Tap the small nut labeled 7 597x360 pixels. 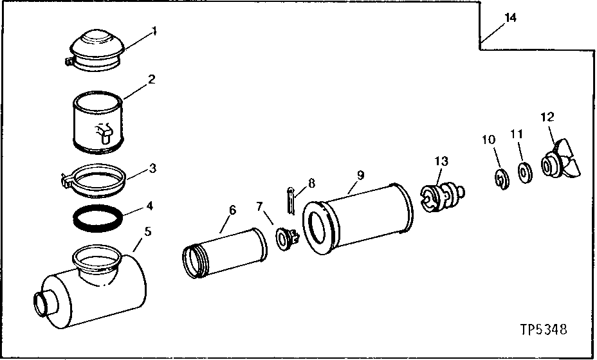tap(284, 237)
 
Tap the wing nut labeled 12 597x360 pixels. tap(564, 161)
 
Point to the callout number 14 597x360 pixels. tap(510, 18)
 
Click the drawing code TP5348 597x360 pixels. tap(544, 330)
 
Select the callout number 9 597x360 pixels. tap(361, 174)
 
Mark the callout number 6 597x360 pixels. tap(232, 210)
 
